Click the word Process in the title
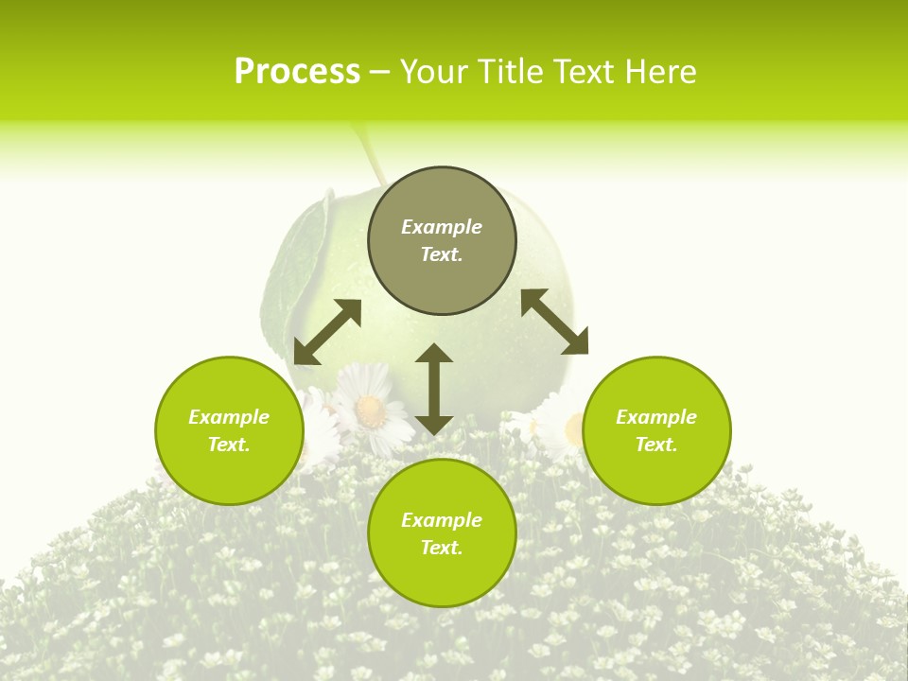[x=297, y=72]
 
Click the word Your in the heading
[x=435, y=72]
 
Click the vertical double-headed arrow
[x=434, y=390]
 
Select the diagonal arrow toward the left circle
[x=327, y=332]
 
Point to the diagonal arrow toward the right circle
[x=554, y=322]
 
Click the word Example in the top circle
[x=442, y=227]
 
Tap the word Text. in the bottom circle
[x=442, y=548]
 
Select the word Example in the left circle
[x=229, y=417]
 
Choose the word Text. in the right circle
[x=656, y=445]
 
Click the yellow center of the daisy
[x=371, y=409]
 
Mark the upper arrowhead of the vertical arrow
[x=434, y=354]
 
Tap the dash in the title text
[x=380, y=73]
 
